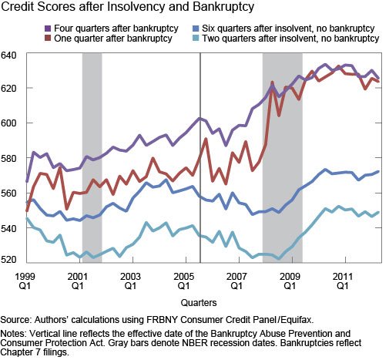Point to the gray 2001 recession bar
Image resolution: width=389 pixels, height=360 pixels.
coord(92,154)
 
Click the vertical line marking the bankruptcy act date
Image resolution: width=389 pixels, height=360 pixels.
coord(200,154)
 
